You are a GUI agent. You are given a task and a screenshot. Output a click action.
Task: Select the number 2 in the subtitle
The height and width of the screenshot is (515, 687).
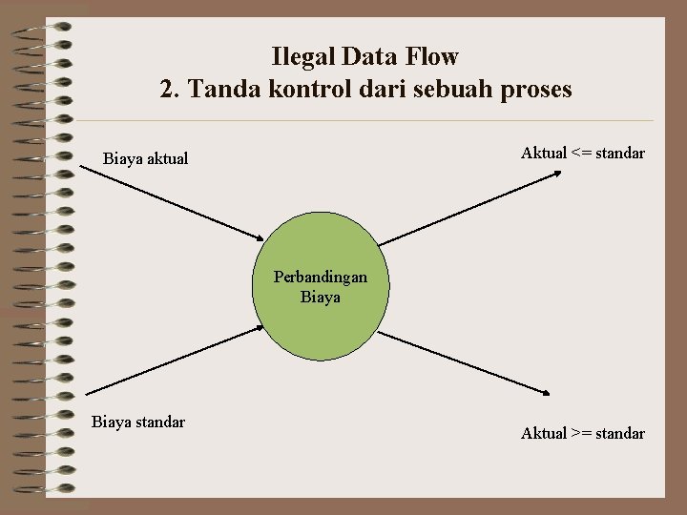tap(168, 90)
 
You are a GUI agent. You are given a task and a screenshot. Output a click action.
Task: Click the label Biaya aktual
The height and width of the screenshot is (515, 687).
tap(146, 158)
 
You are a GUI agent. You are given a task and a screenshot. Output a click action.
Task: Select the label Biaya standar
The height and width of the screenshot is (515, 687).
tap(138, 422)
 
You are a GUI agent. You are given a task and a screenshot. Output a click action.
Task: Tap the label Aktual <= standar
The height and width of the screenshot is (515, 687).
tap(583, 153)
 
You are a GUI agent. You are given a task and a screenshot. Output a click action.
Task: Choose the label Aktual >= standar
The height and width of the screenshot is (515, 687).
tap(583, 433)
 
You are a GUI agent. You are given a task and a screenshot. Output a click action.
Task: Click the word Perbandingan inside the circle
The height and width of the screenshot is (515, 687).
tap(321, 278)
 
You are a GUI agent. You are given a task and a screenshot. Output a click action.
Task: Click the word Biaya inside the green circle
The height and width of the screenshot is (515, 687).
tap(321, 297)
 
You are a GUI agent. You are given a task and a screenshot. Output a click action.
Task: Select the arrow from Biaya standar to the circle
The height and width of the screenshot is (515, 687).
tap(172, 360)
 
